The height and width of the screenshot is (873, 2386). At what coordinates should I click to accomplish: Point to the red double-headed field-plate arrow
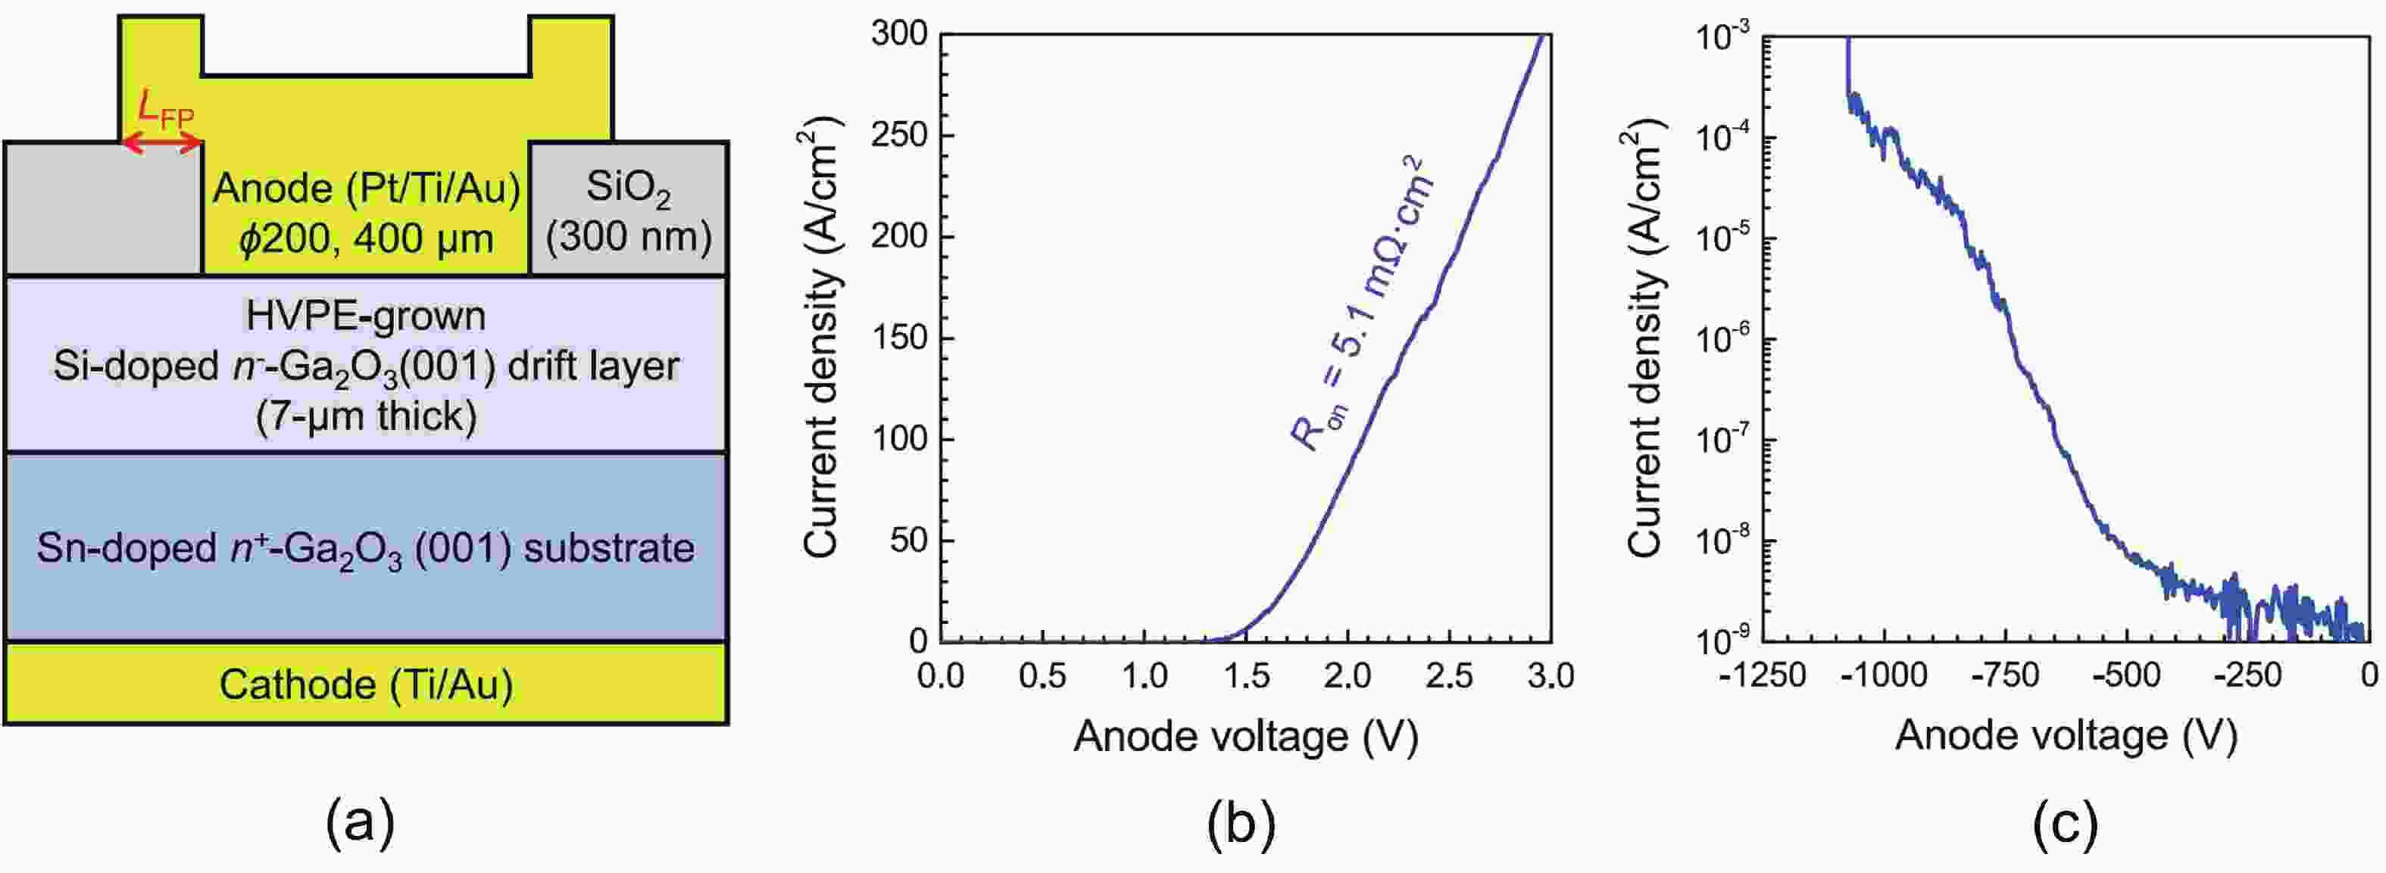[162, 142]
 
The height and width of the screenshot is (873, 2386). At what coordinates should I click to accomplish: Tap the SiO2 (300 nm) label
[628, 212]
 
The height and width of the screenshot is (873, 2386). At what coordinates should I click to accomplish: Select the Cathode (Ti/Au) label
[366, 685]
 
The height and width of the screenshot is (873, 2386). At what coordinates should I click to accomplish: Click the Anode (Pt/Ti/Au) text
[366, 189]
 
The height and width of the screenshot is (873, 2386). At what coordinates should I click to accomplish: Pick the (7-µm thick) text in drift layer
[366, 416]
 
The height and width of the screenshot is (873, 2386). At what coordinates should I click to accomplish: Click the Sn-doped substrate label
[366, 548]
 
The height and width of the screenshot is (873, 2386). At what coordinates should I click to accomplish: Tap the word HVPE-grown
[366, 316]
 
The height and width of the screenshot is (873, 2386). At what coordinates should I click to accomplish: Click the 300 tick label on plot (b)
[898, 34]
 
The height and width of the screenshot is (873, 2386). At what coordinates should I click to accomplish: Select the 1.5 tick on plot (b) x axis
[1246, 676]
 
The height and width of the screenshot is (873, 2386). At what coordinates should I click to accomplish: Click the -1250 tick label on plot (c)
[1761, 676]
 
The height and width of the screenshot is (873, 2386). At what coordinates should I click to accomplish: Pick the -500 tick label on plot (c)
[2127, 676]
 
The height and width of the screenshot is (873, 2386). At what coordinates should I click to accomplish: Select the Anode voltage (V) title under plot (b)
[1246, 737]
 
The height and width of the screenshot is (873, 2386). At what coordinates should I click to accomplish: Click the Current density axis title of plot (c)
[1645, 342]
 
